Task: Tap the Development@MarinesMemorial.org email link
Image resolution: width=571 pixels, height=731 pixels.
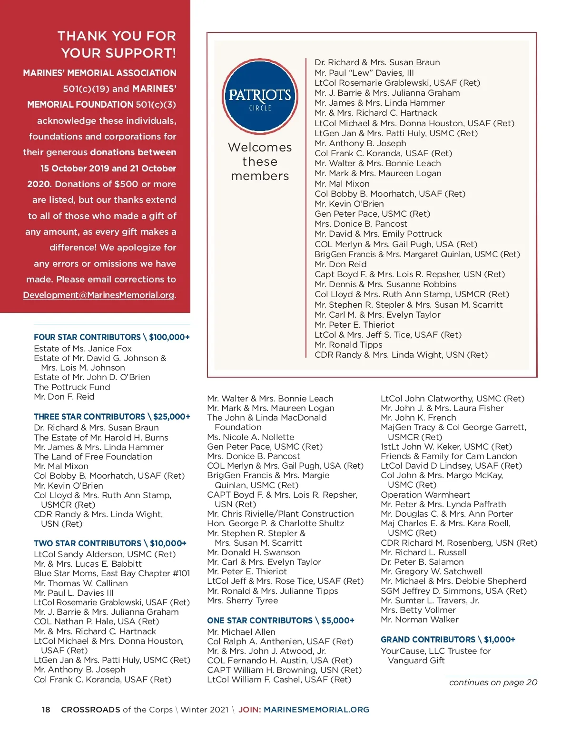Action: (99, 295)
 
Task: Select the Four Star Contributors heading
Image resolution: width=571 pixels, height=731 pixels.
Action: (111, 337)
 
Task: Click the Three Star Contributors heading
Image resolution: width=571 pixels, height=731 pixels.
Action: (112, 417)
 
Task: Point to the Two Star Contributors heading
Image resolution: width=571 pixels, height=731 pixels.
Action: (110, 543)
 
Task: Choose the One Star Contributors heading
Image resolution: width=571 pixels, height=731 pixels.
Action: (281, 621)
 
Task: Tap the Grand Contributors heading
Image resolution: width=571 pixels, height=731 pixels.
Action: (448, 640)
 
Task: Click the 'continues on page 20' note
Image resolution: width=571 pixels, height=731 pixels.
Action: (493, 682)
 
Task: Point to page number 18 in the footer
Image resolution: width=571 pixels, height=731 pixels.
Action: (46, 710)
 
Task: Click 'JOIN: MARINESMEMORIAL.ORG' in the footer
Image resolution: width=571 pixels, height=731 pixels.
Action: (304, 710)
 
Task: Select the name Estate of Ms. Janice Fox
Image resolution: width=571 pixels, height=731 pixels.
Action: (83, 349)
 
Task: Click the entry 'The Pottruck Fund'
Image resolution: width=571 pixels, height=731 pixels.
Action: (72, 387)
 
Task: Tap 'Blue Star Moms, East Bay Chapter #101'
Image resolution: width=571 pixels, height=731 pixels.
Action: (112, 573)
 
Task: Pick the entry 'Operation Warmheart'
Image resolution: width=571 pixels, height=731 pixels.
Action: (425, 495)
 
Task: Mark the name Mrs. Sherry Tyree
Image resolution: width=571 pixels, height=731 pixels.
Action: (242, 601)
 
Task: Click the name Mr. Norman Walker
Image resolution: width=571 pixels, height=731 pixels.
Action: (419, 620)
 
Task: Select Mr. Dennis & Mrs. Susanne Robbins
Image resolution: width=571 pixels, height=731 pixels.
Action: (385, 284)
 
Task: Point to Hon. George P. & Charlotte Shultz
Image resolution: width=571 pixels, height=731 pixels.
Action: (276, 523)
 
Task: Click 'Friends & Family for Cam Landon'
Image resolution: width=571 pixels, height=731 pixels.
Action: (449, 456)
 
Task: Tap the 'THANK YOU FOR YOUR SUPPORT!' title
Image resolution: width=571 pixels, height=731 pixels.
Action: (117, 44)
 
